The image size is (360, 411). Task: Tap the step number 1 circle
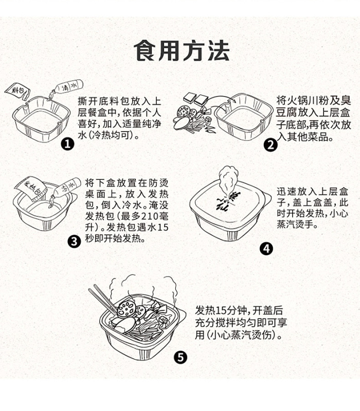(67, 144)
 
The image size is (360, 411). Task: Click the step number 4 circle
(266, 249)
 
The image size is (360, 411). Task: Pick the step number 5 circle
(180, 358)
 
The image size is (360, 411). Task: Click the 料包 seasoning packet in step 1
(21, 93)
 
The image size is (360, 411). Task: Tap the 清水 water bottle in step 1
(65, 85)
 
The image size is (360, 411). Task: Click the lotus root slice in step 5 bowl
(127, 309)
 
